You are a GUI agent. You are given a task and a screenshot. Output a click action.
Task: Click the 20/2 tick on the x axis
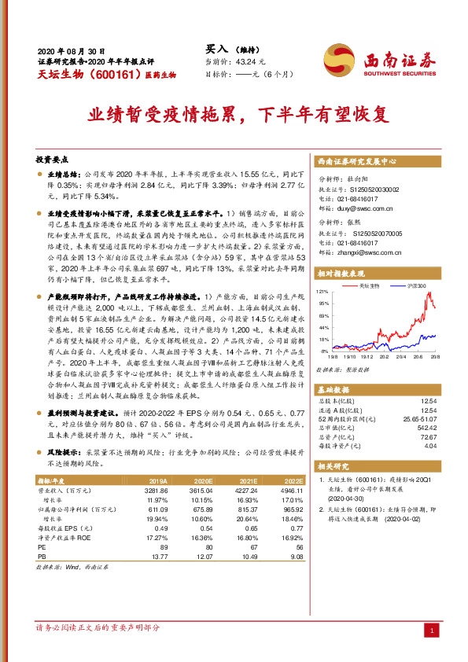398,355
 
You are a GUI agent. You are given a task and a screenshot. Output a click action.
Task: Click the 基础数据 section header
333,390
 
